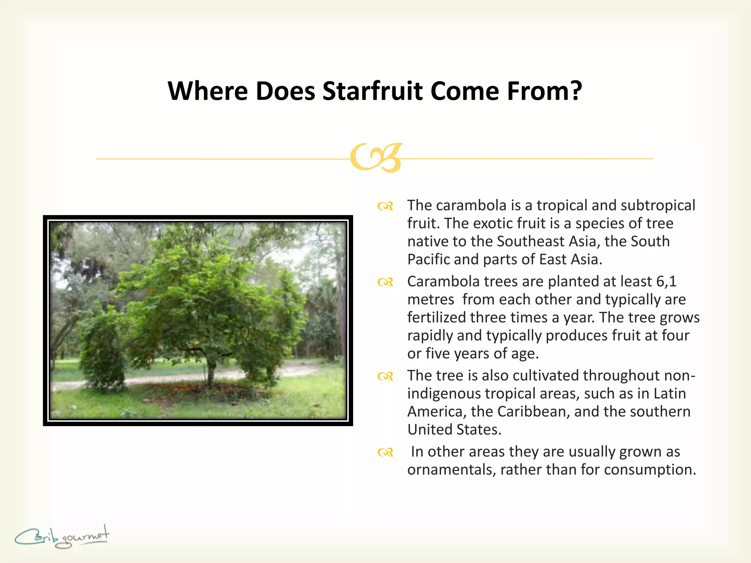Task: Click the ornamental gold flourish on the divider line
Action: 376,158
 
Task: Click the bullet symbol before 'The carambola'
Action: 385,206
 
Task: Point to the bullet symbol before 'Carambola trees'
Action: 385,282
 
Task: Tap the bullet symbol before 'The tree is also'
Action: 385,376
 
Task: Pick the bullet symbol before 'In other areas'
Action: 385,453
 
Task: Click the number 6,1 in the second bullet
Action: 666,281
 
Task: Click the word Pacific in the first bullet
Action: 428,260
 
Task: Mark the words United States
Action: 454,430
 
